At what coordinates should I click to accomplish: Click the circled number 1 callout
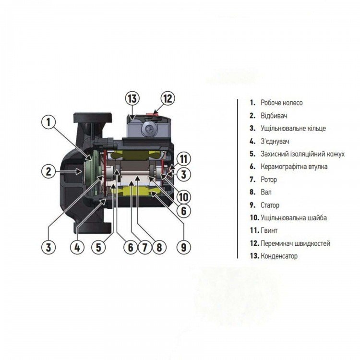tap(48, 122)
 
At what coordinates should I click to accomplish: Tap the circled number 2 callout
tap(48, 171)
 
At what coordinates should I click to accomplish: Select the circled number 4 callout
tap(77, 247)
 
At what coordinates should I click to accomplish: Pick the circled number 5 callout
tap(98, 247)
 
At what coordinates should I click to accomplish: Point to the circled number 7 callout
tap(144, 247)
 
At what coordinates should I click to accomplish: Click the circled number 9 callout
tap(184, 247)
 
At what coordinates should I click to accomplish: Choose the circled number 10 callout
tap(184, 196)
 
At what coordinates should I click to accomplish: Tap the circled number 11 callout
tap(184, 159)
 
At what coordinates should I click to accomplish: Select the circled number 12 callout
tap(168, 98)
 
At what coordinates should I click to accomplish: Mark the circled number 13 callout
tap(132, 98)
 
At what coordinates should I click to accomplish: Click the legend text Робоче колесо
tap(281, 103)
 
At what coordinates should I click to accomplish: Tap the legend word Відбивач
tap(274, 116)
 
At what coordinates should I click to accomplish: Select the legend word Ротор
tap(269, 180)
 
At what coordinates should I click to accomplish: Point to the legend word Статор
tap(270, 205)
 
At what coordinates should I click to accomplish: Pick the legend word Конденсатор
tap(279, 256)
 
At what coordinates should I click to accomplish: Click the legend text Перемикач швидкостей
tap(296, 243)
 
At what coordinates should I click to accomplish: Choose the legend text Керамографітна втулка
tap(294, 167)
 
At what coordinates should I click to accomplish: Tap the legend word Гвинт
tap(269, 230)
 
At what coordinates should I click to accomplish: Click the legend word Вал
tap(266, 192)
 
